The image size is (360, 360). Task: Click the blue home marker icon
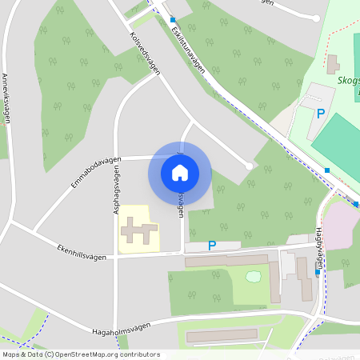click(180, 172)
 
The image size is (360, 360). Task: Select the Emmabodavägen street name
click(95, 172)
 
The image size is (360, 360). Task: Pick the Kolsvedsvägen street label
click(145, 54)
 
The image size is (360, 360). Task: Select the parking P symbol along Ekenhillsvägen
click(212, 246)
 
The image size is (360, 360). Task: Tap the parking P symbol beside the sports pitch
click(321, 114)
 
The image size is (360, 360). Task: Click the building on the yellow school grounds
click(138, 231)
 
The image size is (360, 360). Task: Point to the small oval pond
click(254, 277)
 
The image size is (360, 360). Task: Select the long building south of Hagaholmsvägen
click(222, 335)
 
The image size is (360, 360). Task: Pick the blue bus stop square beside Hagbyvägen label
click(318, 272)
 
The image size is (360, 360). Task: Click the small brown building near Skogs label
click(332, 62)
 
